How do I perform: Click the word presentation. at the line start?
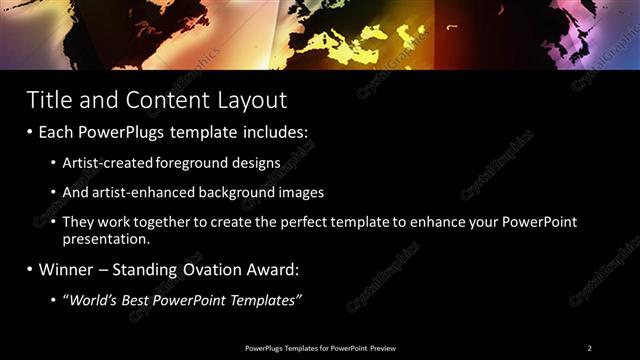tap(106, 239)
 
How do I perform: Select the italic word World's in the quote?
tap(92, 299)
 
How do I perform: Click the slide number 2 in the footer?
tap(589, 347)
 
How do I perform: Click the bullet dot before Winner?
tap(30, 270)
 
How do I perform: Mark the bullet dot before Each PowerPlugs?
tap(30, 132)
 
